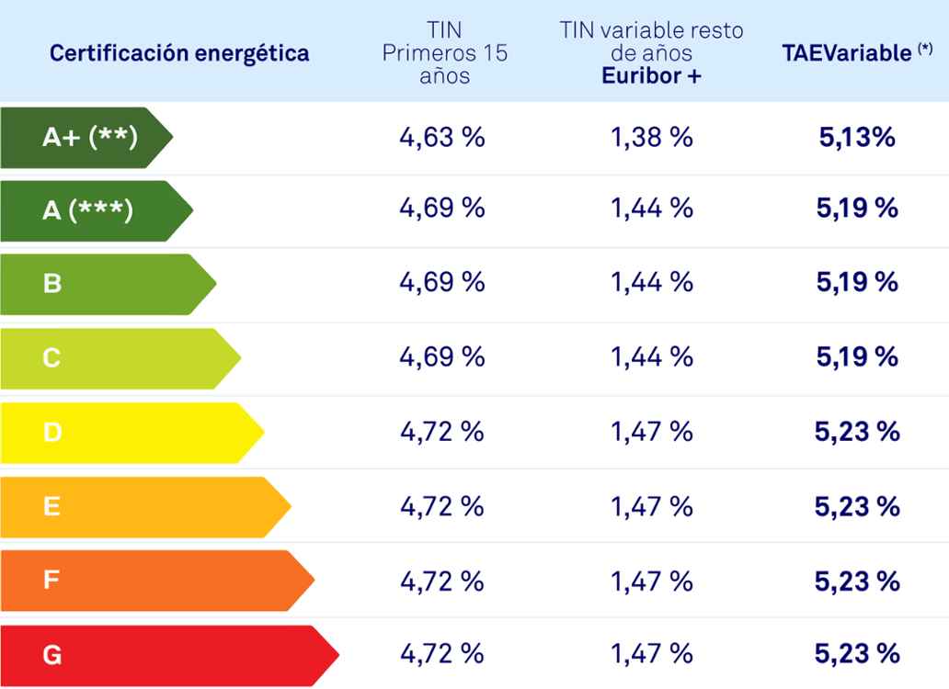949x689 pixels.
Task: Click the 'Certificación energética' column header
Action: (x=179, y=53)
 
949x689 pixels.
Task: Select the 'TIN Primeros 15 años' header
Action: (x=444, y=53)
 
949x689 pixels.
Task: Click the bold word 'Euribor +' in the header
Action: (x=651, y=76)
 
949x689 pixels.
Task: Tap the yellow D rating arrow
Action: (x=129, y=432)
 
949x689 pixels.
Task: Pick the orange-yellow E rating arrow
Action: (x=143, y=506)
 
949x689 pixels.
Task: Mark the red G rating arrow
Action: (x=166, y=655)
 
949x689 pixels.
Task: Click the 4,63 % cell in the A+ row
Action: (x=441, y=138)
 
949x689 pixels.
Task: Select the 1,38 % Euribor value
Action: (x=652, y=138)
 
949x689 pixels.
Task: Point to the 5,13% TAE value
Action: (x=856, y=138)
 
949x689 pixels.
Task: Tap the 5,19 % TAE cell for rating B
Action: (x=857, y=283)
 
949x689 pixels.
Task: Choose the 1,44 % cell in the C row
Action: (x=652, y=356)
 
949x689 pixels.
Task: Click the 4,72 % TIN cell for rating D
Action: (x=441, y=431)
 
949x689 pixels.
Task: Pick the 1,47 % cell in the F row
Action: (x=652, y=580)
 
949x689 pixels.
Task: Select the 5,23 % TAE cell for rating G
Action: (x=857, y=654)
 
